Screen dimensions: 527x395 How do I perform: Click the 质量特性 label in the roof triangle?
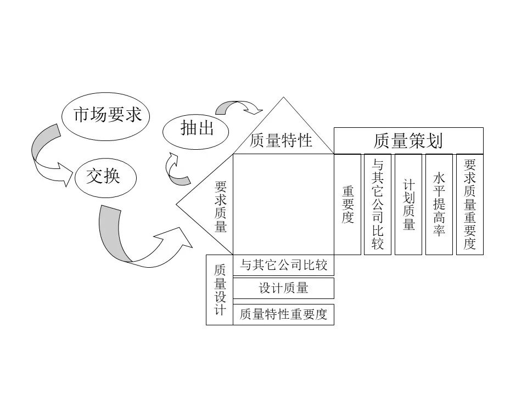pyautogui.click(x=281, y=140)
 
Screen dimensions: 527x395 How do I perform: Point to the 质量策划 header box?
pyautogui.click(x=408, y=141)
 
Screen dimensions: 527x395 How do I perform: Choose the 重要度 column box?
pyautogui.click(x=347, y=204)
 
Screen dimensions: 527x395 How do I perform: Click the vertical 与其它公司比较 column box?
pyautogui.click(x=378, y=204)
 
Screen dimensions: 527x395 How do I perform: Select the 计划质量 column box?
pyautogui.click(x=408, y=204)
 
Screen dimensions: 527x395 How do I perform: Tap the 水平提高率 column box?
pyautogui.click(x=439, y=204)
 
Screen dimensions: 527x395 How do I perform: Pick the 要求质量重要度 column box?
pyautogui.click(x=470, y=204)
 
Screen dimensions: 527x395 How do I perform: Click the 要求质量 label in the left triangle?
pyautogui.click(x=221, y=207)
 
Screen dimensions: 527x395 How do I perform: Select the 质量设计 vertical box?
pyautogui.click(x=220, y=290)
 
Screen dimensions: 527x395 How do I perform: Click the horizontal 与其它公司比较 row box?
pyautogui.click(x=283, y=266)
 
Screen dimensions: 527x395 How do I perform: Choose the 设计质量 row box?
pyautogui.click(x=283, y=288)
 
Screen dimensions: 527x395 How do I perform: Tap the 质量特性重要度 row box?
pyautogui.click(x=283, y=314)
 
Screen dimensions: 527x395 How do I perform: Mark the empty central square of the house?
pyautogui.click(x=283, y=204)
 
